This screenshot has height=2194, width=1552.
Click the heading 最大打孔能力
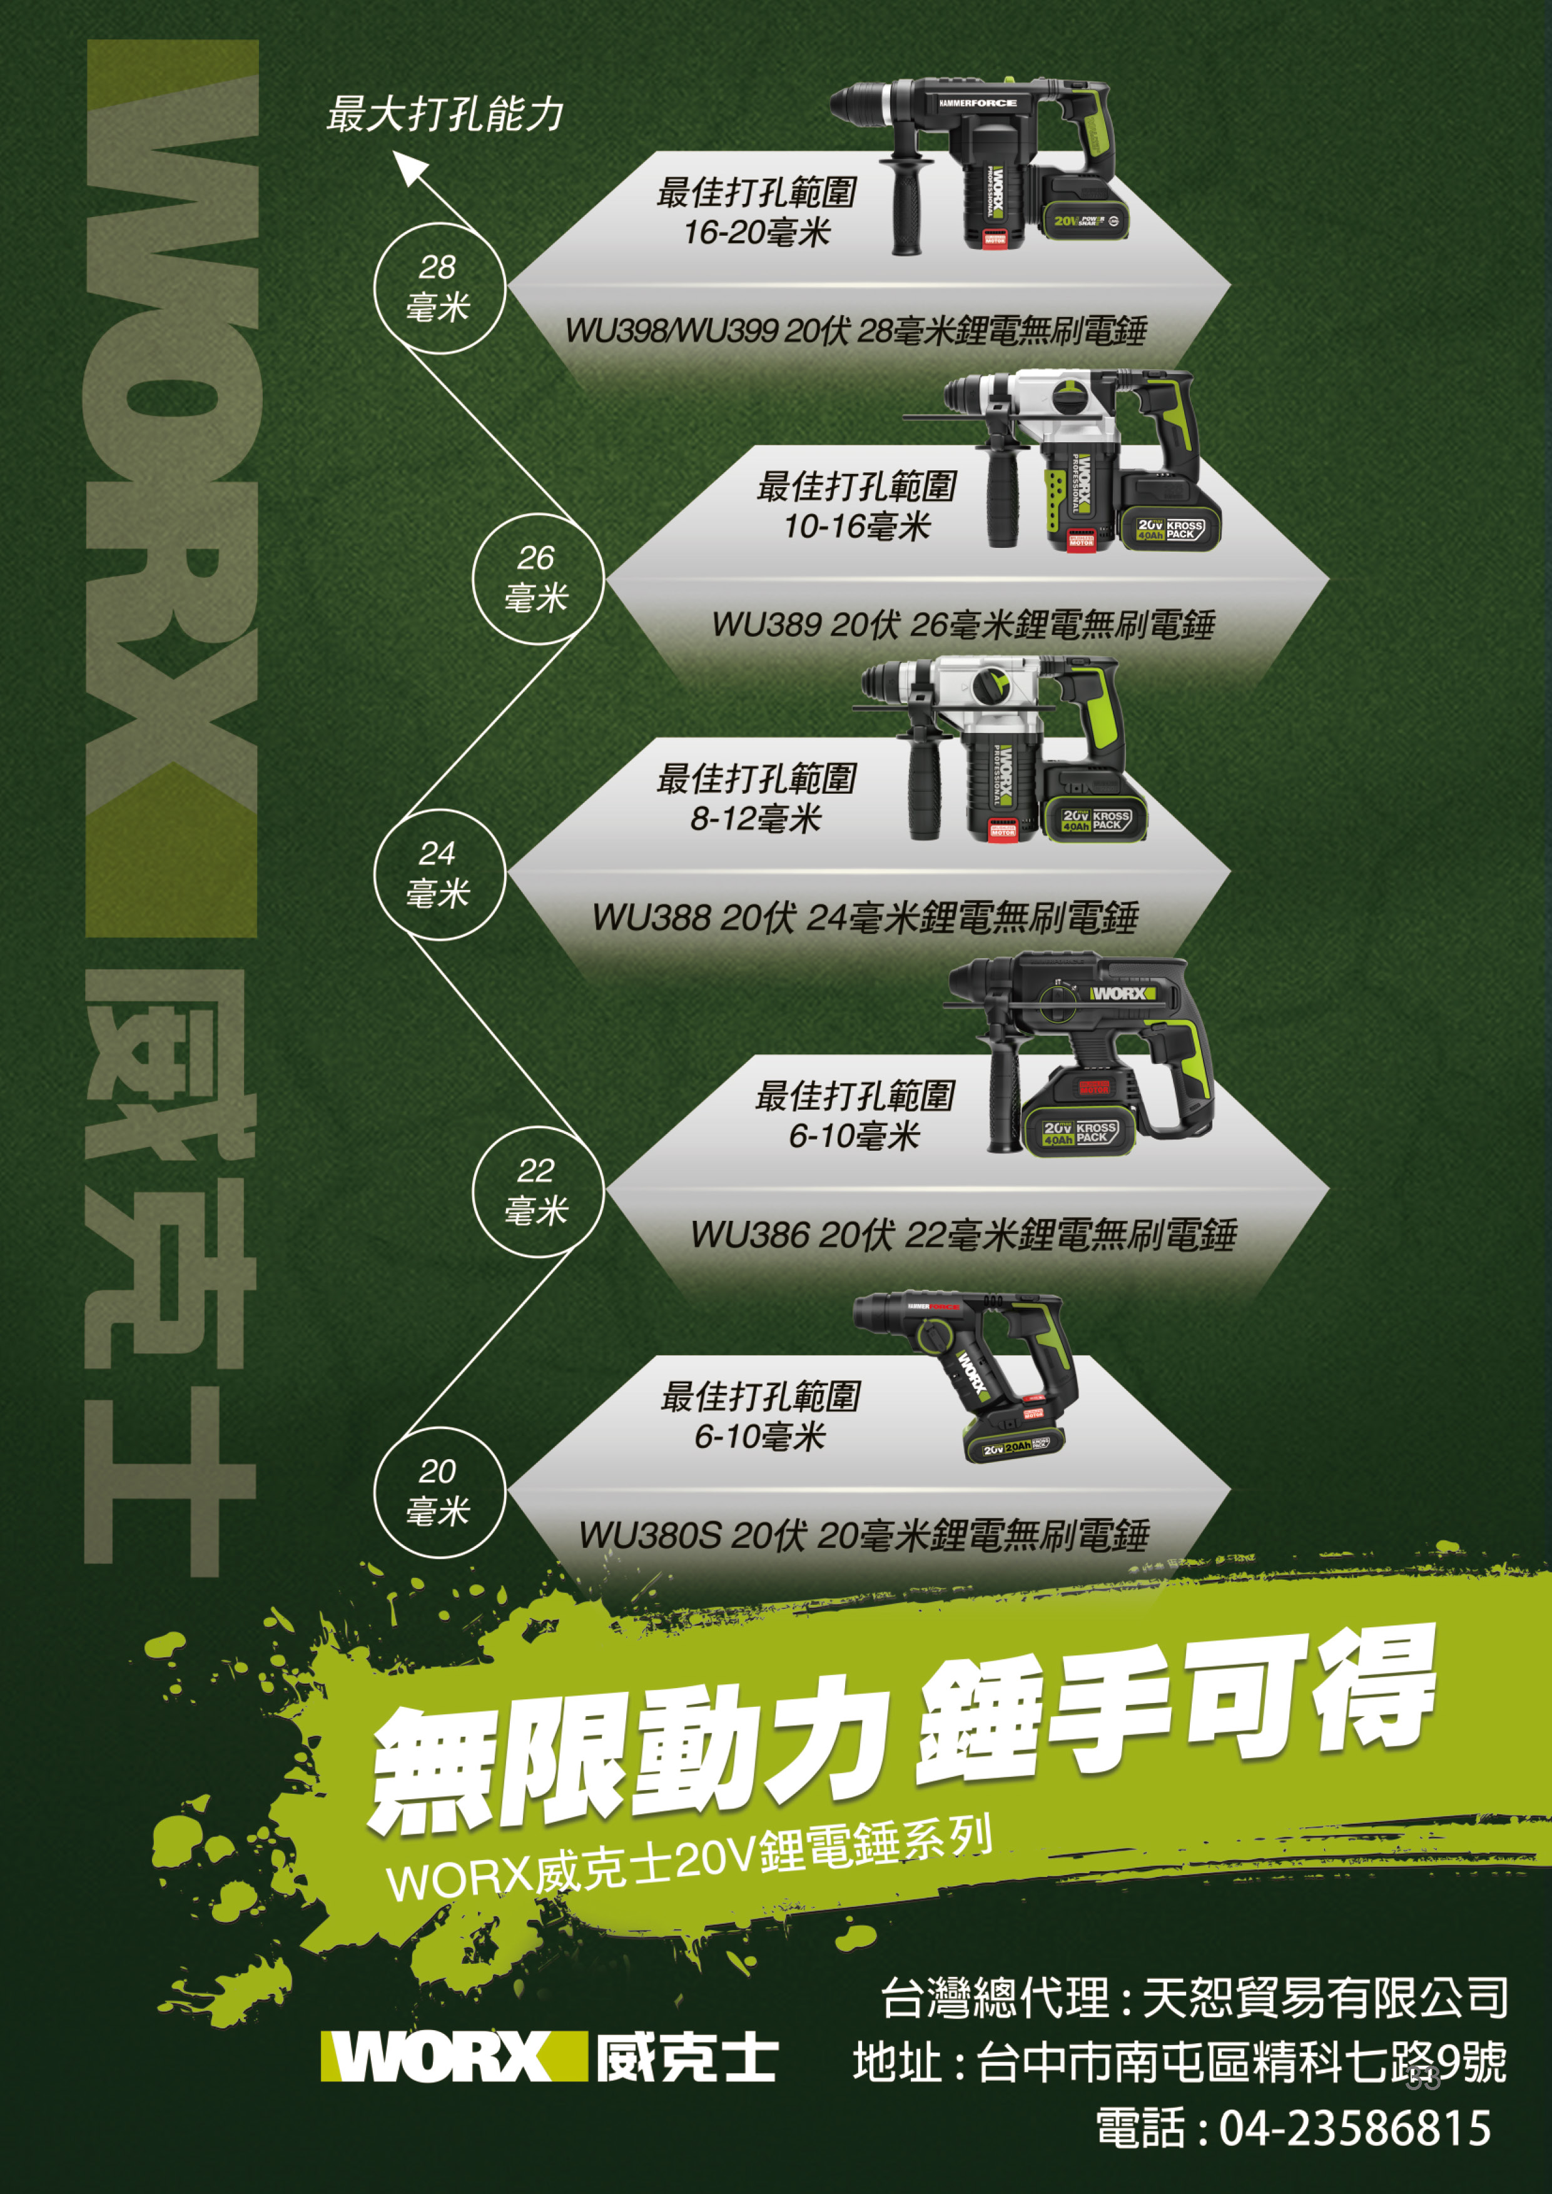(x=445, y=114)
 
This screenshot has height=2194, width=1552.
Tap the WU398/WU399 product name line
(x=855, y=331)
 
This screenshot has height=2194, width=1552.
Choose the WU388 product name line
(x=865, y=918)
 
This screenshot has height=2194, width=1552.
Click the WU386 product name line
(x=963, y=1235)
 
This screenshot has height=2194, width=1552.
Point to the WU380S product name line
(x=864, y=1535)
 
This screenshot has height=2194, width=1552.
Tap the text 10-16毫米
(x=857, y=525)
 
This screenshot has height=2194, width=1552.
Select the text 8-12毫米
(x=756, y=819)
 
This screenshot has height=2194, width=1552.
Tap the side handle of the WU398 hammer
(x=906, y=203)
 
